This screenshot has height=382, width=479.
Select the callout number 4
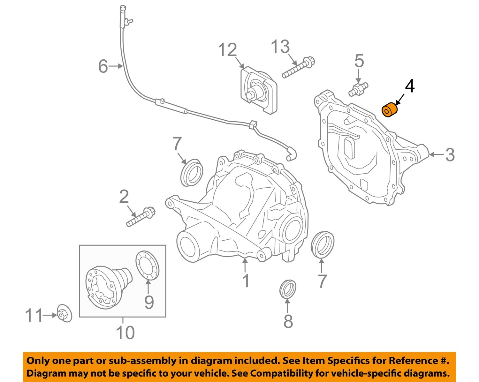(x=410, y=86)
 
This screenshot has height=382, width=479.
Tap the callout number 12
(x=228, y=50)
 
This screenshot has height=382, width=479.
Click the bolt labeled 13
(x=298, y=68)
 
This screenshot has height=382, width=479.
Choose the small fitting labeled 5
(x=358, y=89)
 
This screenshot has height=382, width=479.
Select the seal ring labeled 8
(x=287, y=289)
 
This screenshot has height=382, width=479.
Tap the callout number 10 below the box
(x=125, y=332)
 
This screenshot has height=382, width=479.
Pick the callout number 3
(x=450, y=155)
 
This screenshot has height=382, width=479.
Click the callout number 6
(x=103, y=66)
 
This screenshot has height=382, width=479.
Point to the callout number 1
(x=245, y=281)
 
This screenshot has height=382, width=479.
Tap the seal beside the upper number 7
(x=192, y=172)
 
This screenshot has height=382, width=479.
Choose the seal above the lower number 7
(x=322, y=244)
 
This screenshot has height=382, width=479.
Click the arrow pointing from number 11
(x=50, y=315)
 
